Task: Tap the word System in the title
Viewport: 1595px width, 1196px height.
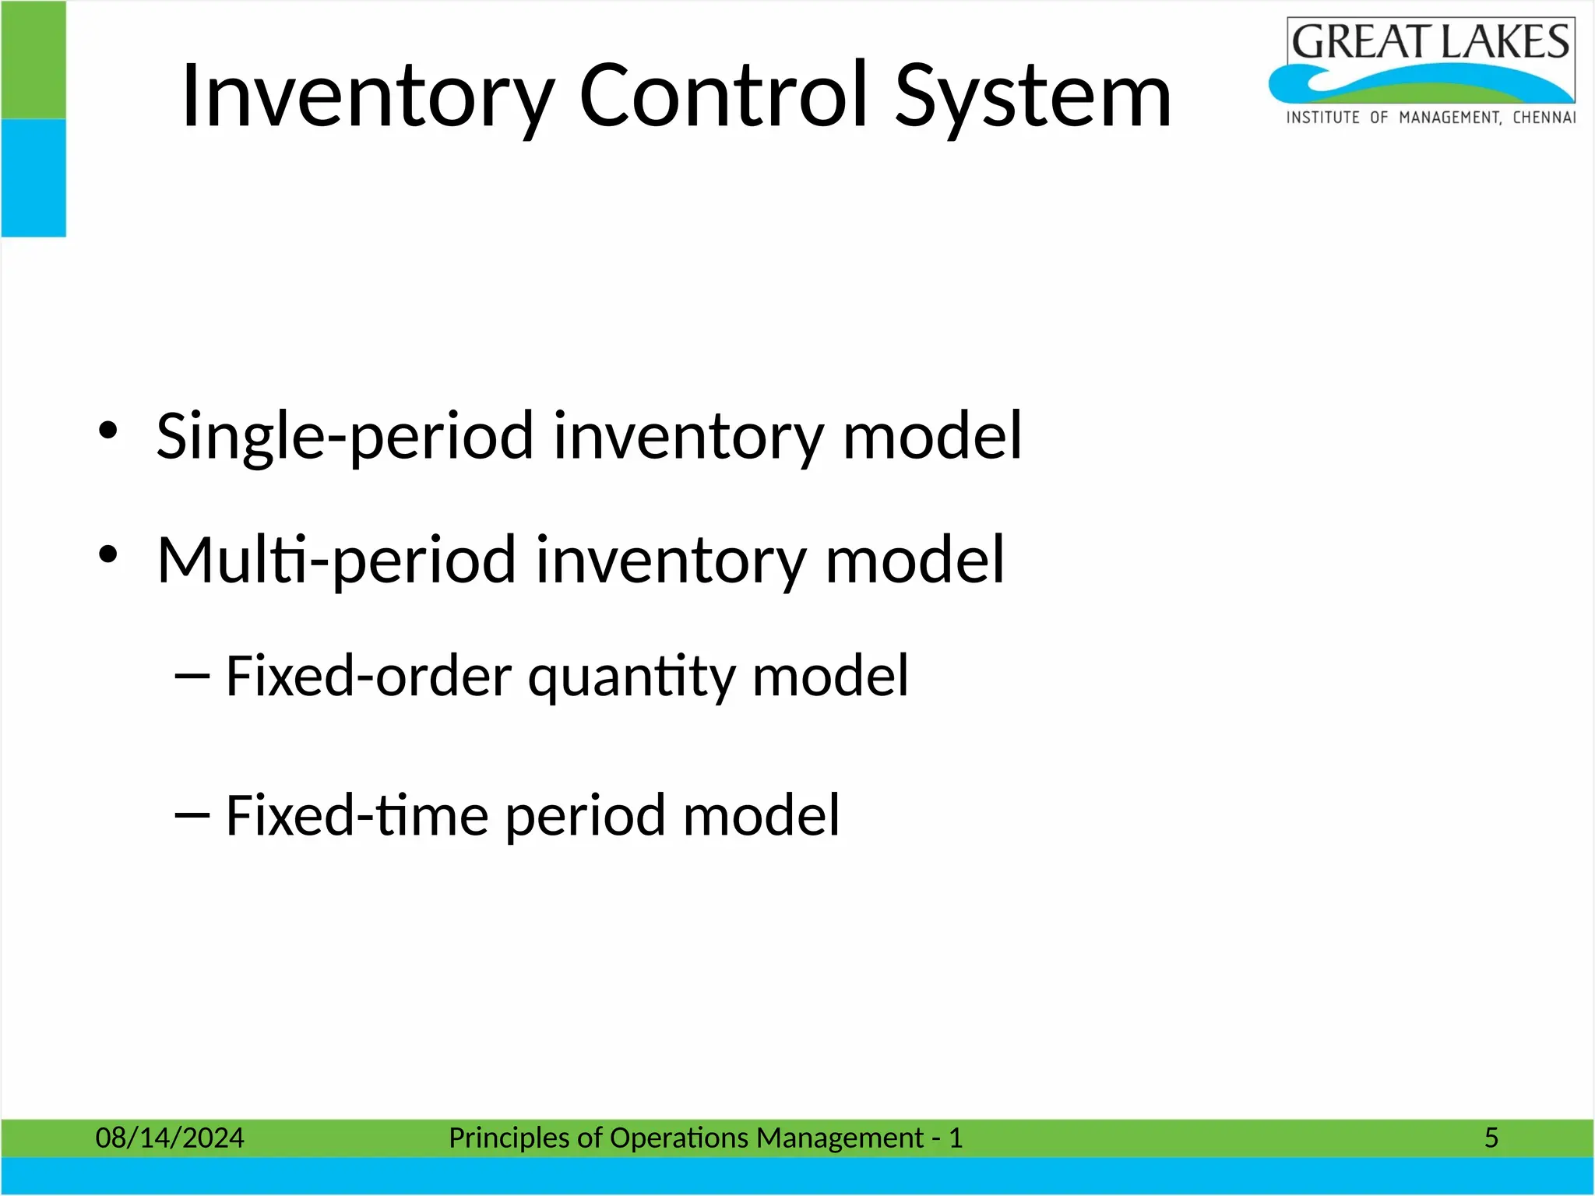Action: [x=1033, y=97]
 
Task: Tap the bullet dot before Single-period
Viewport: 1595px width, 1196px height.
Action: [x=107, y=431]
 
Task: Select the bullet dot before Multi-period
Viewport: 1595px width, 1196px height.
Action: [x=107, y=555]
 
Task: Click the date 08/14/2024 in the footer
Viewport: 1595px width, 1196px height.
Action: [x=169, y=1138]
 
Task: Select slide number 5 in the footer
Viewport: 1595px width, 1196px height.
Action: [x=1491, y=1138]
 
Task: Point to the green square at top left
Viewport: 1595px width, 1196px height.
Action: [x=33, y=60]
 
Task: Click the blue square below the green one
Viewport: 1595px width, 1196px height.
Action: [x=33, y=178]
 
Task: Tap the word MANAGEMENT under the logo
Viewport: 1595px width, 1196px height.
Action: [x=1449, y=118]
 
